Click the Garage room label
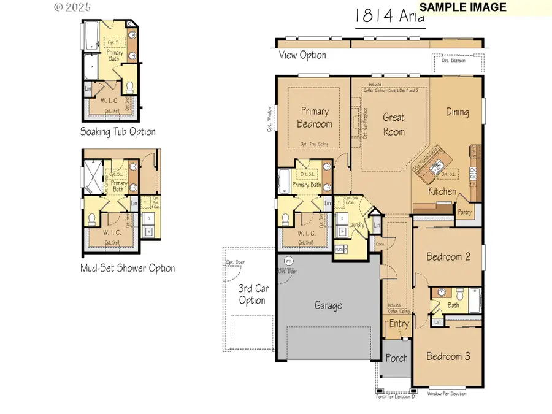[328, 305]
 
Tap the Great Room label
[394, 124]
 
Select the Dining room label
[457, 112]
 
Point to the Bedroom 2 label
[448, 256]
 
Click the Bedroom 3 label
[448, 356]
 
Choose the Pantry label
[464, 212]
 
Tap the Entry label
[399, 323]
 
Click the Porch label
[396, 358]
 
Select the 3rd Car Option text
[252, 294]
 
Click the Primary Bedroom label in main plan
[315, 117]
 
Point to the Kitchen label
[442, 191]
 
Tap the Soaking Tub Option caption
[118, 131]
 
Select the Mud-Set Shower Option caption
[128, 268]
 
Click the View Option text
[302, 55]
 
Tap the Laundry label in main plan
[356, 225]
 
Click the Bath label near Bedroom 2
[453, 305]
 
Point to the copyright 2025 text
[72, 7]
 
